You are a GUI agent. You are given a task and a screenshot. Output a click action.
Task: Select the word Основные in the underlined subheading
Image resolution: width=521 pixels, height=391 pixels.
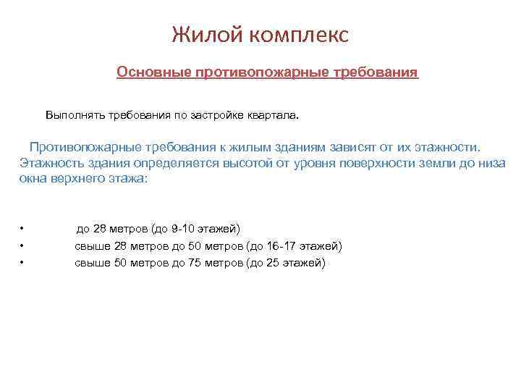coord(149,73)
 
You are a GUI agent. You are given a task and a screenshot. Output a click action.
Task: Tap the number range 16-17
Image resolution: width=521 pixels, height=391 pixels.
coord(281,246)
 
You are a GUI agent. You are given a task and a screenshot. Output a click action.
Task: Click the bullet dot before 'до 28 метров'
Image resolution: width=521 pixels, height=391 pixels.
coord(24,229)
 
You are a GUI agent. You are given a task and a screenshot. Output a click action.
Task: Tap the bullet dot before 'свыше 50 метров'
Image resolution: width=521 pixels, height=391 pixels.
coord(24,263)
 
